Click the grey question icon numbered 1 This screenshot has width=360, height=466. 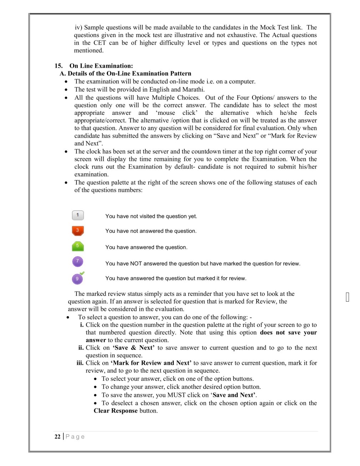point(78,215)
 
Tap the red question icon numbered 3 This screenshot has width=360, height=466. point(78,231)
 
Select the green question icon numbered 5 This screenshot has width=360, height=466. point(78,246)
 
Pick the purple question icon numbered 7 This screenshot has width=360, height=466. point(78,261)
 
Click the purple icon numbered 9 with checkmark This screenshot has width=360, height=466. point(78,278)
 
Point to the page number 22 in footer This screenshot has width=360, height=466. point(57,436)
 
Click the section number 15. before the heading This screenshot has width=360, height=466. point(58,66)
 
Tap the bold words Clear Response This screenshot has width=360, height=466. point(115,411)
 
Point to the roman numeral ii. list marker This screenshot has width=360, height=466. point(81,348)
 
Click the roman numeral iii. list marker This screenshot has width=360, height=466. point(80,363)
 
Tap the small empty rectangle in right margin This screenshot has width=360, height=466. point(348,297)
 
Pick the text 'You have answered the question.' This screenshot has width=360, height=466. point(146,247)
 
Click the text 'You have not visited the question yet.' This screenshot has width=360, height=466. point(151,216)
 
